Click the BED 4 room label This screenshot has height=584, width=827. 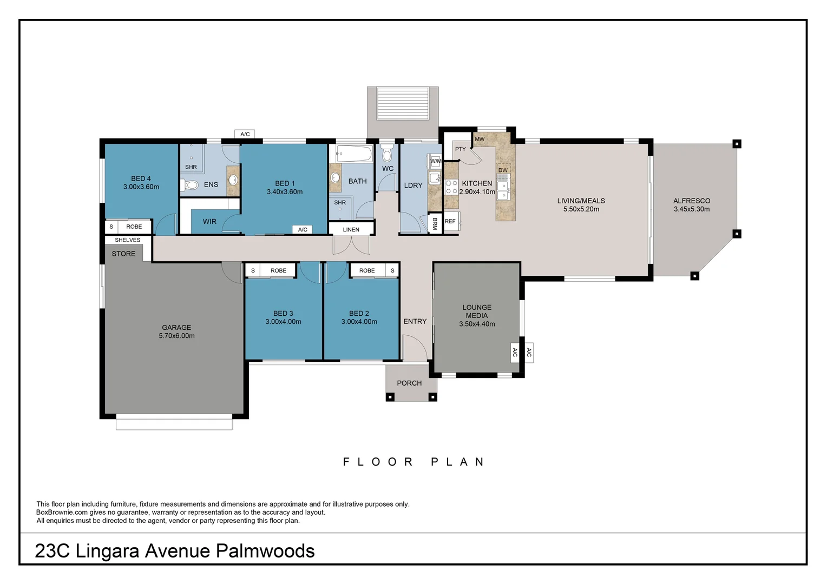tap(141, 178)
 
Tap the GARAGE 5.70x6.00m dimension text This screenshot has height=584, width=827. tap(176, 336)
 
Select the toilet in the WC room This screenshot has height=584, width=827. tap(386, 155)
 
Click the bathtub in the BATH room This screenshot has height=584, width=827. tap(354, 154)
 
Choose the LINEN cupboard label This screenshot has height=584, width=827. tap(351, 230)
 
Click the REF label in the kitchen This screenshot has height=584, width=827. tap(450, 221)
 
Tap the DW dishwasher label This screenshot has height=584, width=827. tap(503, 170)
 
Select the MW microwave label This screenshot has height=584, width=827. tap(480, 139)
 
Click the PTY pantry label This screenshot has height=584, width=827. tap(460, 149)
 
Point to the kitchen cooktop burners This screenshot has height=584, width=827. tap(451, 187)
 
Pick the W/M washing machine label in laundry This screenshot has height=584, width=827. tap(436, 161)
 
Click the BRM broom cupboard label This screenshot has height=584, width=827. tap(435, 224)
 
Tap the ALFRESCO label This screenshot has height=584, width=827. tap(691, 201)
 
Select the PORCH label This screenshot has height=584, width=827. tap(409, 383)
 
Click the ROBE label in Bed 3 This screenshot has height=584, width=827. tap(278, 270)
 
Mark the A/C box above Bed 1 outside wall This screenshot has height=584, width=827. tap(245, 134)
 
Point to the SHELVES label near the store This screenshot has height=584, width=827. tap(127, 240)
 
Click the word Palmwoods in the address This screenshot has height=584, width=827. tap(265, 551)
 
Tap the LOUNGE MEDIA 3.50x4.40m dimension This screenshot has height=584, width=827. tap(477, 324)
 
